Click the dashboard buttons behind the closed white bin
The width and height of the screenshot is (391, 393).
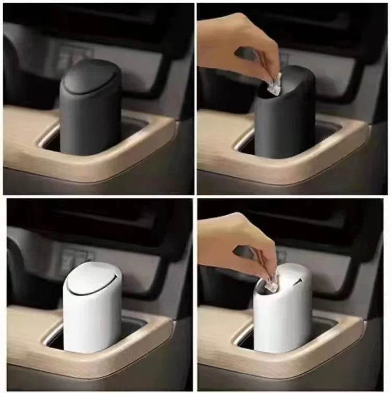pyautogui.click(x=73, y=258)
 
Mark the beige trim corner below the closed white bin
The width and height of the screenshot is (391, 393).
pyautogui.click(x=156, y=339)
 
